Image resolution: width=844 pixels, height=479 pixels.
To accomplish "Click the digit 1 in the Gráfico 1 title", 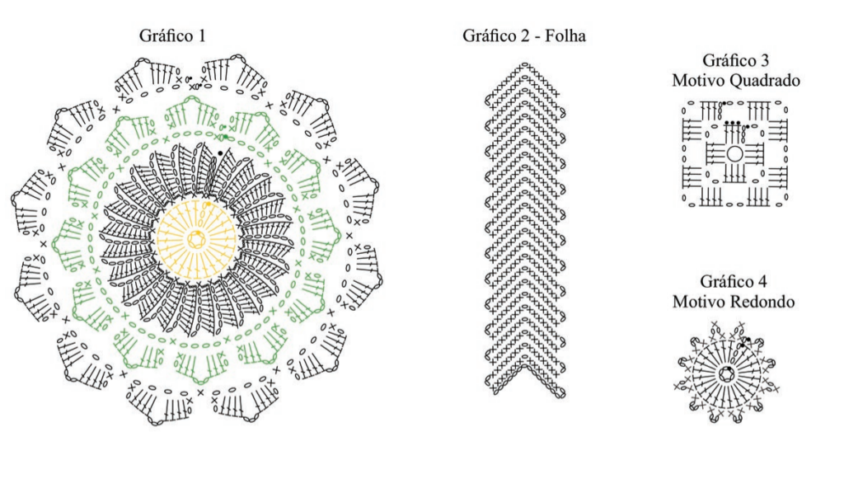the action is [202, 36].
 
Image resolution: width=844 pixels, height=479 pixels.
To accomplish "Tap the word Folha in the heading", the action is [565, 36].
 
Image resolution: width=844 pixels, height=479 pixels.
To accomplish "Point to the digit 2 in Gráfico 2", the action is [526, 36].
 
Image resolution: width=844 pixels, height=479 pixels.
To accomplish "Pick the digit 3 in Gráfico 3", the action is [765, 60].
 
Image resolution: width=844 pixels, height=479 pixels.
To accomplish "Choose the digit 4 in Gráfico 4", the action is [762, 281].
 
